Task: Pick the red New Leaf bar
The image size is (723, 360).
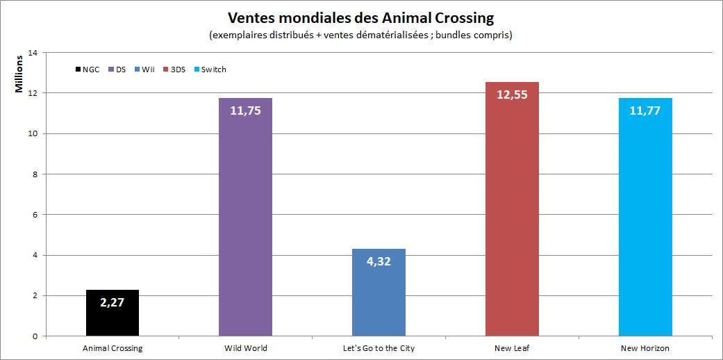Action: pyautogui.click(x=512, y=222)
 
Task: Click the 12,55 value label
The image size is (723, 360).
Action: pyautogui.click(x=512, y=95)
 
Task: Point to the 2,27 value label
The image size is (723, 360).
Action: pyautogui.click(x=113, y=302)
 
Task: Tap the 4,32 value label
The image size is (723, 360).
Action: pyautogui.click(x=379, y=262)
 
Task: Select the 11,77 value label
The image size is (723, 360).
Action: pyautogui.click(x=645, y=111)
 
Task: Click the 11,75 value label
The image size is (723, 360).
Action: pyautogui.click(x=245, y=111)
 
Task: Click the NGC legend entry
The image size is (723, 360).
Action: pyautogui.click(x=87, y=69)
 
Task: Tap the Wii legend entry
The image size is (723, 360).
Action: pyautogui.click(x=144, y=69)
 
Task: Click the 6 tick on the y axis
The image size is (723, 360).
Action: pyautogui.click(x=35, y=215)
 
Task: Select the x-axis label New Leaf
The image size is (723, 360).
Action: pyautogui.click(x=512, y=348)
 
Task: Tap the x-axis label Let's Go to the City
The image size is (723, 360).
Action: pyautogui.click(x=379, y=348)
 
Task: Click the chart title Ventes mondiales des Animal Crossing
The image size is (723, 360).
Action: pyautogui.click(x=361, y=17)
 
